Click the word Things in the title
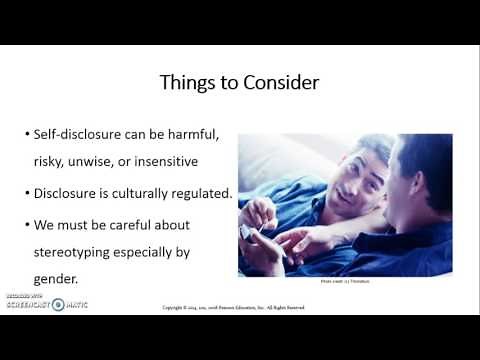tap(187, 83)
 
